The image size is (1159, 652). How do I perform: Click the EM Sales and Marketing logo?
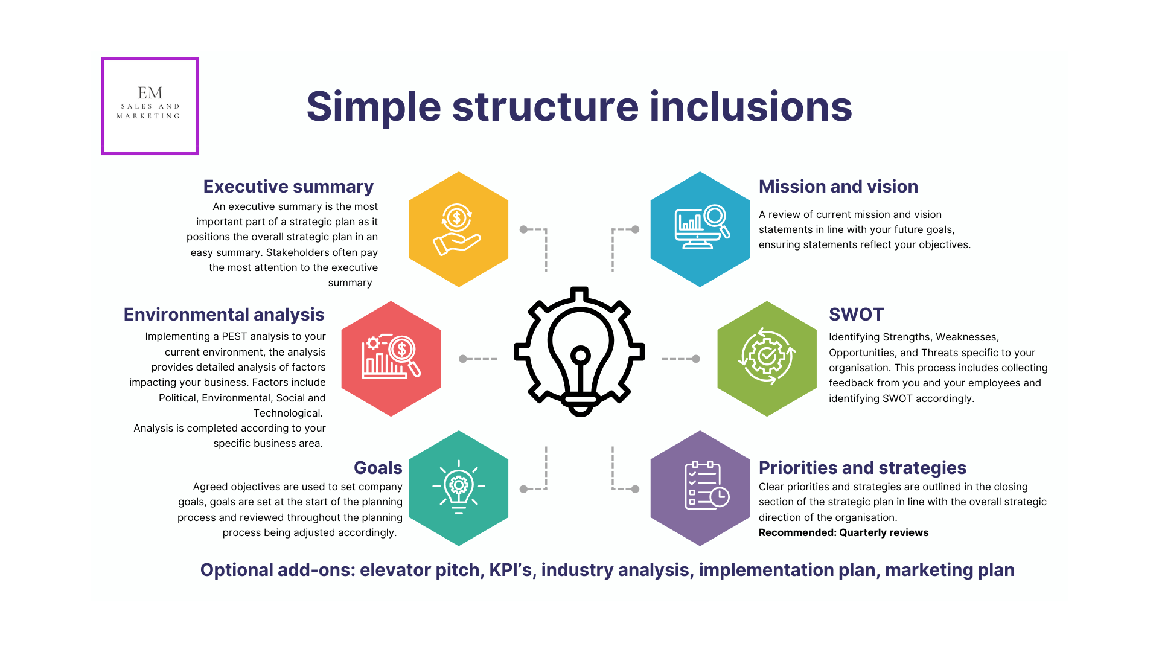(150, 106)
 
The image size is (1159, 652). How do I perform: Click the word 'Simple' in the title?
(374, 107)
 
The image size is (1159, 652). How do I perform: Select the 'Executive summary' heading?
(288, 187)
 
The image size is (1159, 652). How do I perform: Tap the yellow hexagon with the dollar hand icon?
(458, 229)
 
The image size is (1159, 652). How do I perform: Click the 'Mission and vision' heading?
(838, 187)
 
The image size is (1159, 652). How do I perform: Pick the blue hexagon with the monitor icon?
(700, 229)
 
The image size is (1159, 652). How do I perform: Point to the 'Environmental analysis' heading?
(224, 315)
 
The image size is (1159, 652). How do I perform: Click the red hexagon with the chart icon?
(391, 359)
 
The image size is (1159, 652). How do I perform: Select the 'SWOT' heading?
(856, 315)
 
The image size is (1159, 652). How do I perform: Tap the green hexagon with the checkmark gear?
(767, 359)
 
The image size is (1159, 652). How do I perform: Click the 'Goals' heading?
(378, 468)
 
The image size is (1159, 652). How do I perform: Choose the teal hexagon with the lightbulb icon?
(458, 488)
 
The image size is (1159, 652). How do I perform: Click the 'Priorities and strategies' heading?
(862, 468)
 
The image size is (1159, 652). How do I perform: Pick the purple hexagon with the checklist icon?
(700, 488)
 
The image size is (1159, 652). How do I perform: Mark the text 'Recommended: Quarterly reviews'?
(843, 532)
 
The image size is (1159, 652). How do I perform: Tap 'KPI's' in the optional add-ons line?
(510, 570)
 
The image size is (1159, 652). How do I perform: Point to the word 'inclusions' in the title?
(750, 107)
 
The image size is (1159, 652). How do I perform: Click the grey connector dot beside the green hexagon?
(696, 359)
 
